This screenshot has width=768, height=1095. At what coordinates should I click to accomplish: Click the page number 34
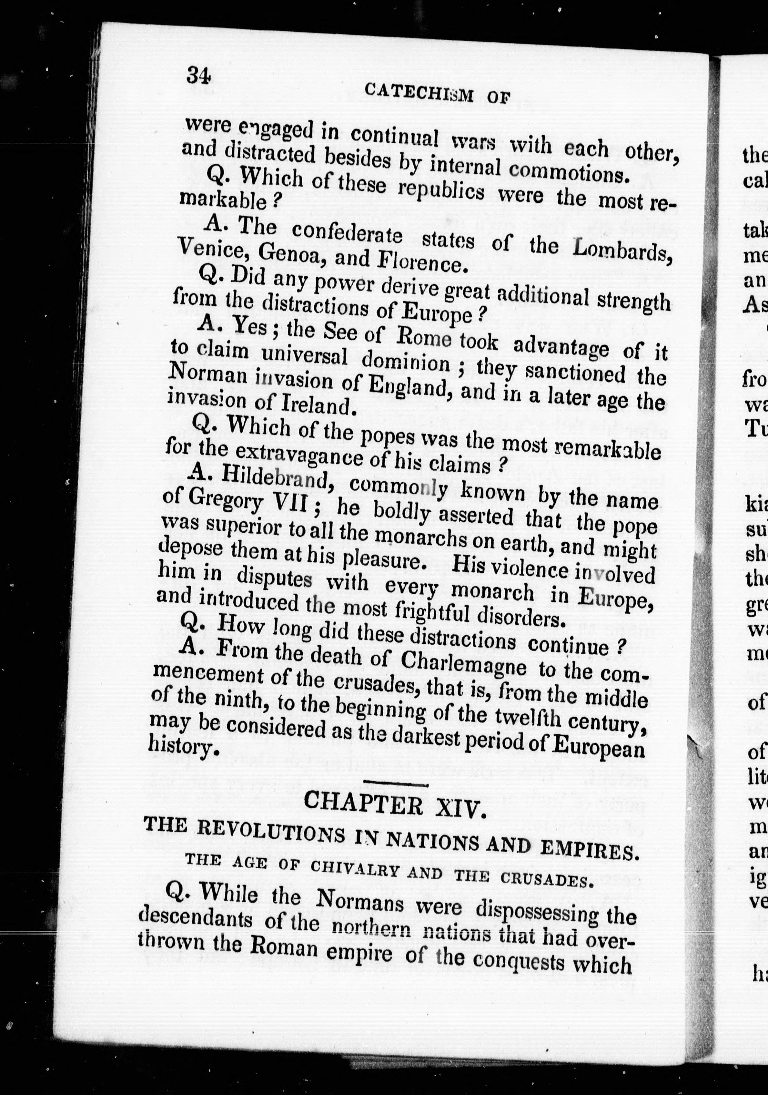click(x=199, y=75)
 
